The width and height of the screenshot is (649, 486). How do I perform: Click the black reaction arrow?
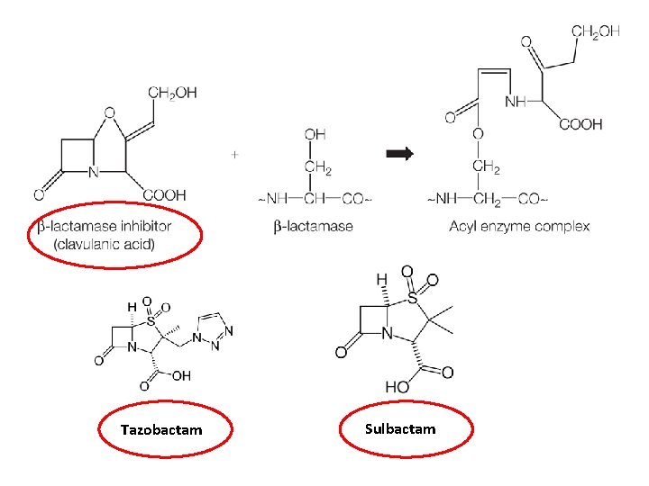(398, 154)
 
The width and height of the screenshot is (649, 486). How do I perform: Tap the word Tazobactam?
(161, 430)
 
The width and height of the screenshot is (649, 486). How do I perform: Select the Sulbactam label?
(400, 428)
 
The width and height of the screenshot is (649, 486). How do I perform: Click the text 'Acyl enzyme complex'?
(519, 226)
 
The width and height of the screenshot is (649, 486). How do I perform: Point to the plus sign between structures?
(235, 154)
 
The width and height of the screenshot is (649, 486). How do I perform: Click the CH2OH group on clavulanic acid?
(172, 93)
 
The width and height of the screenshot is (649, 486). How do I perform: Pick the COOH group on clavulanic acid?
(165, 193)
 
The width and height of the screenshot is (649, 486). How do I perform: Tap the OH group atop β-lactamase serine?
(315, 135)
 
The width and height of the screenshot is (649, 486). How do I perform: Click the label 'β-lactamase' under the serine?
(313, 226)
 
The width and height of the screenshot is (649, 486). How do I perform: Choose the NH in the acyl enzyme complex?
(516, 102)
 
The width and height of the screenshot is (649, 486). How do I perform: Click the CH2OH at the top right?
(596, 32)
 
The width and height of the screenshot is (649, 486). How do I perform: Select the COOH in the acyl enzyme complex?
(580, 124)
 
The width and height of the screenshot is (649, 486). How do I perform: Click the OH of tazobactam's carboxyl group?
(181, 376)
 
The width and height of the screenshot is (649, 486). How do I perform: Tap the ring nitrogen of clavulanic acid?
(93, 171)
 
